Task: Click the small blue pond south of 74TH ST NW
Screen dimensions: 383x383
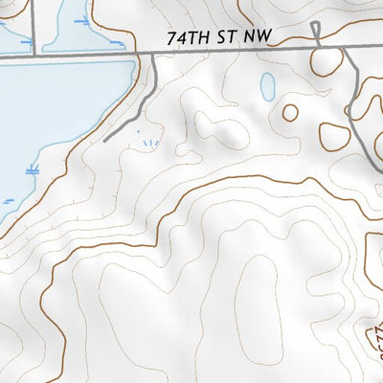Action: pyautogui.click(x=267, y=87)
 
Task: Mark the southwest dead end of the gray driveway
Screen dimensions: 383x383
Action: pyautogui.click(x=104, y=141)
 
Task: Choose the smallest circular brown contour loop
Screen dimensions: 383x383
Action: pyautogui.click(x=289, y=112)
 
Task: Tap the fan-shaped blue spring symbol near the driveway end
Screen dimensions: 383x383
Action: pyautogui.click(x=148, y=144)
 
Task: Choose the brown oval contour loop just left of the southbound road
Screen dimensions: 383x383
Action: pyautogui.click(x=334, y=135)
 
